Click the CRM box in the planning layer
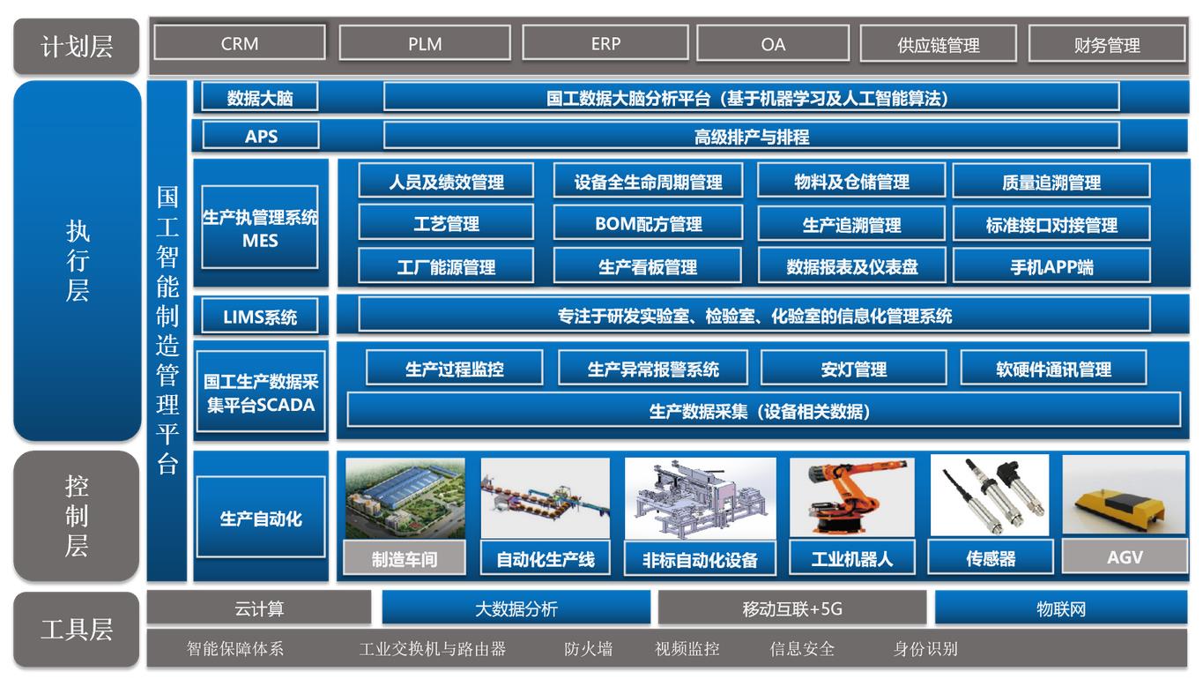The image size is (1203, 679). (240, 42)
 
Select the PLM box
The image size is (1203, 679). (425, 43)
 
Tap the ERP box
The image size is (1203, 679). (605, 43)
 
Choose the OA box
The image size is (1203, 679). (773, 43)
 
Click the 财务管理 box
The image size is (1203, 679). (1107, 44)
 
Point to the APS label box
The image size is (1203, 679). (261, 136)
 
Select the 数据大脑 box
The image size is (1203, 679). (260, 97)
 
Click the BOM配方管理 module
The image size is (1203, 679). (649, 223)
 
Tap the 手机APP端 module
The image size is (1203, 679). (1051, 266)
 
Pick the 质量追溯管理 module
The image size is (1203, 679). (1051, 182)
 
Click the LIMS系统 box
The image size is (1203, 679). (260, 317)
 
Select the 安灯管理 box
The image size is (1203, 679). (853, 369)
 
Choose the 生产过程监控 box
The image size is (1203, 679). (455, 369)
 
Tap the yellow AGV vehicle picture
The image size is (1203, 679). (1124, 495)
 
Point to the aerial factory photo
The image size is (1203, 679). (405, 498)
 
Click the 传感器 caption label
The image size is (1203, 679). (991, 558)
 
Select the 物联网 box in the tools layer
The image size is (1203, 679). (1061, 608)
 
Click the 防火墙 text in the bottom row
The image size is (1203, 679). (588, 648)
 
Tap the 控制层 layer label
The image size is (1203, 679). (77, 516)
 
